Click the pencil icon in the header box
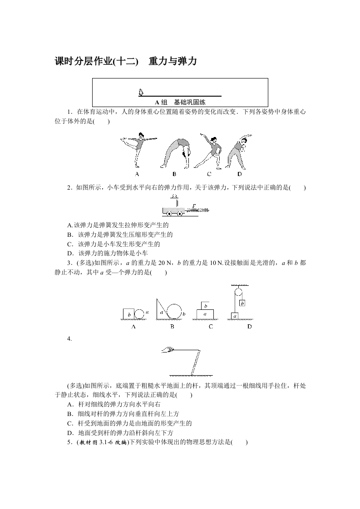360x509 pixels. point(141,92)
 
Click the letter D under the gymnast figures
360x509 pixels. point(239,174)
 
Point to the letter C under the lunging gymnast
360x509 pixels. point(209,174)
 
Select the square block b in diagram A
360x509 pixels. point(129,313)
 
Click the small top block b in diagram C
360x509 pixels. point(205,306)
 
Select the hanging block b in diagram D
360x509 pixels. point(242,303)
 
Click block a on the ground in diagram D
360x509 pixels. point(235,315)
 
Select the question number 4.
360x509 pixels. point(69,338)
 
